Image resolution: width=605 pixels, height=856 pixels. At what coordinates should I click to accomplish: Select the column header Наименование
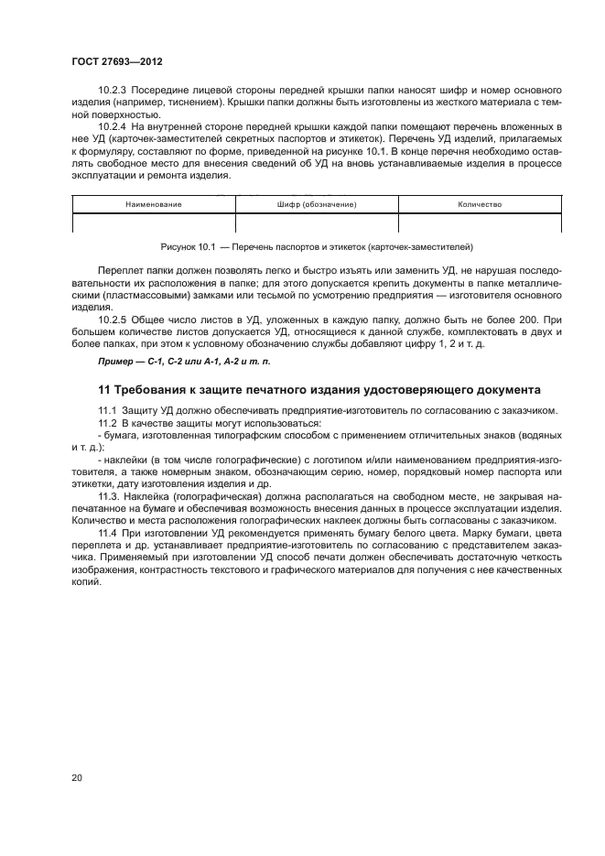154,204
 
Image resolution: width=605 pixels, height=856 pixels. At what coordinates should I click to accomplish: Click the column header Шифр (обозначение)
317,204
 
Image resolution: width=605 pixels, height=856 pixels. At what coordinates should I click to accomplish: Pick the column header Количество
479,204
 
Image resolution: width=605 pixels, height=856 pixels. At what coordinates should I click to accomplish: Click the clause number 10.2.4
113,124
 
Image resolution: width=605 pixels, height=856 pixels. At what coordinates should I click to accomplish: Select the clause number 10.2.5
113,318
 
